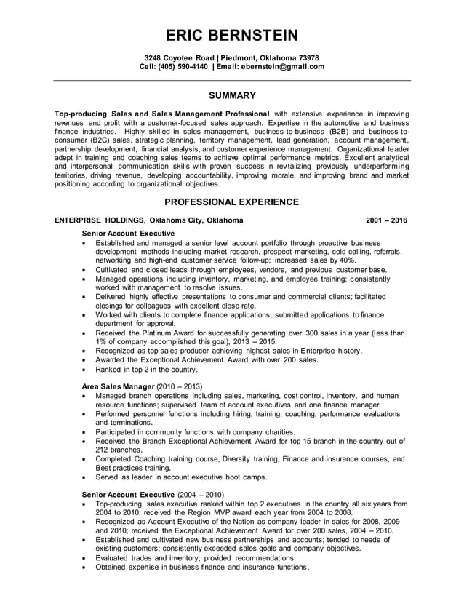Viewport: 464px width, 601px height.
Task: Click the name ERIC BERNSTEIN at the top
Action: pyautogui.click(x=231, y=36)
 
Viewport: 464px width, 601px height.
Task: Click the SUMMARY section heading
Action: pyautogui.click(x=231, y=95)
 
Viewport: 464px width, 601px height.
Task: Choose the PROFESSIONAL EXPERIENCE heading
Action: pyautogui.click(x=231, y=202)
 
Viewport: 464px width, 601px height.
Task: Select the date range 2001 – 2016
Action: pyautogui.click(x=386, y=219)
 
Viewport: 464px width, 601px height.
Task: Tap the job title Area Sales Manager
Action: pyautogui.click(x=118, y=385)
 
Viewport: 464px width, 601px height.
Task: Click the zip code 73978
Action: pyautogui.click(x=307, y=57)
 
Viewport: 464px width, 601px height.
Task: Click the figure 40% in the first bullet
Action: pyautogui.click(x=348, y=260)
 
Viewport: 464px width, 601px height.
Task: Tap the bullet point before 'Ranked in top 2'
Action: pyautogui.click(x=86, y=369)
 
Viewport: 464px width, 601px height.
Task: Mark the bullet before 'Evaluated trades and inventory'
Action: pyautogui.click(x=86, y=557)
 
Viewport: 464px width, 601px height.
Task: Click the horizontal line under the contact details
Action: pyautogui.click(x=231, y=80)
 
